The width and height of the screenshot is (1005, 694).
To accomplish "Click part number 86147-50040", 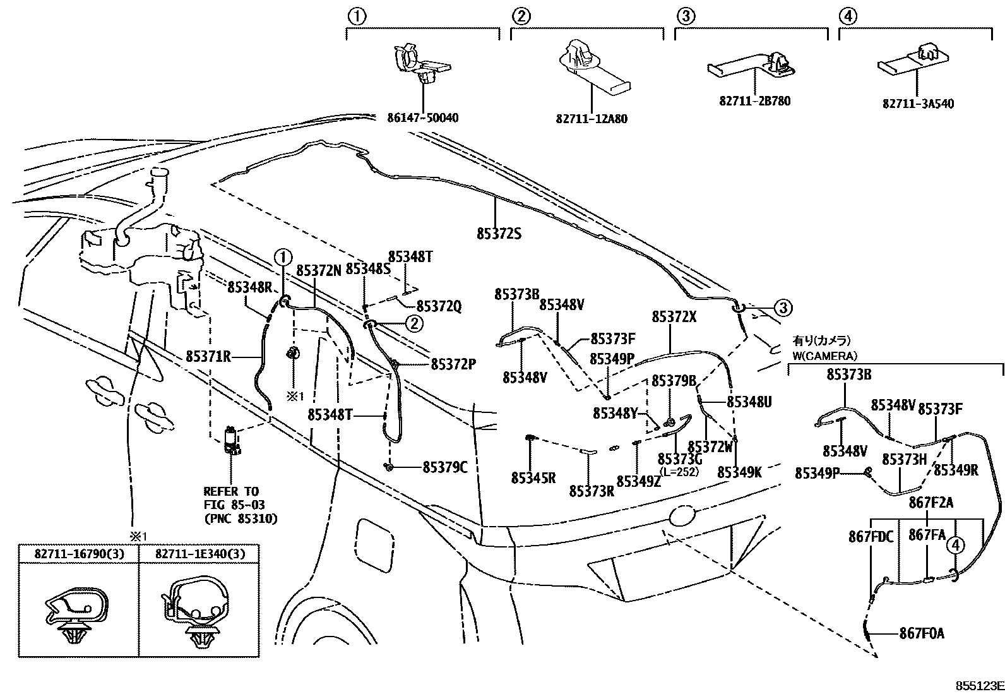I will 422,118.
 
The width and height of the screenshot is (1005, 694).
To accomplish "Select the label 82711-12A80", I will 592,119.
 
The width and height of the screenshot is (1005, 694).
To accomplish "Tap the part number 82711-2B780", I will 754,101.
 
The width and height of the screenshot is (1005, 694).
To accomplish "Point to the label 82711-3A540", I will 918,104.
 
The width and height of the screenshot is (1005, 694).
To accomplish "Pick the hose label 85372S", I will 499,234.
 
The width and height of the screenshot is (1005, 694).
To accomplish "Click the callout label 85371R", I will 208,357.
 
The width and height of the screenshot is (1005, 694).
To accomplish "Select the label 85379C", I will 444,467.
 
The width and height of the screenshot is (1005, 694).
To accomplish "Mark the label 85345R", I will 533,478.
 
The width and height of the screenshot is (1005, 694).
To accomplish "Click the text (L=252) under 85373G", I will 678,472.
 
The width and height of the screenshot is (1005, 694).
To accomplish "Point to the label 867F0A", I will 922,633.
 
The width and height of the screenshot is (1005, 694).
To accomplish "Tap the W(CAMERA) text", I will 824,356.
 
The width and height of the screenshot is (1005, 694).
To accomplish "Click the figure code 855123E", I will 978,685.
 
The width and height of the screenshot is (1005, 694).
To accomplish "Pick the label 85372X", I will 674,317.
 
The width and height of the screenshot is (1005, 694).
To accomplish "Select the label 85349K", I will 739,472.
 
